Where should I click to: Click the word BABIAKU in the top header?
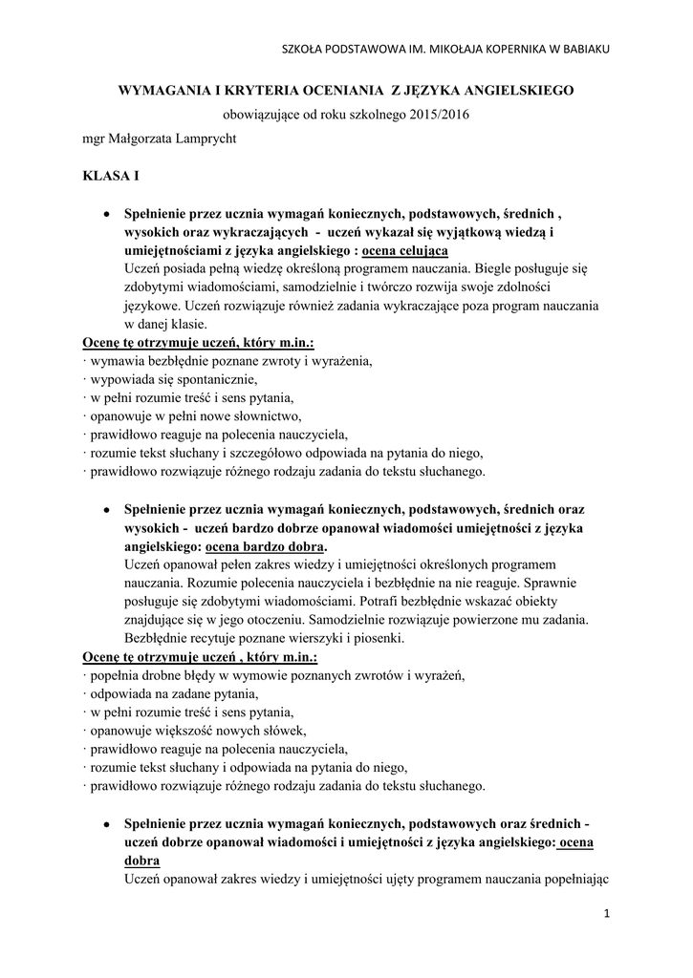pos(585,49)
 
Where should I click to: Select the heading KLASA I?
pos(110,178)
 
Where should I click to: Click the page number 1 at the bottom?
pos(606,914)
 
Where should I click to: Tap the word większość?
pos(191,731)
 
